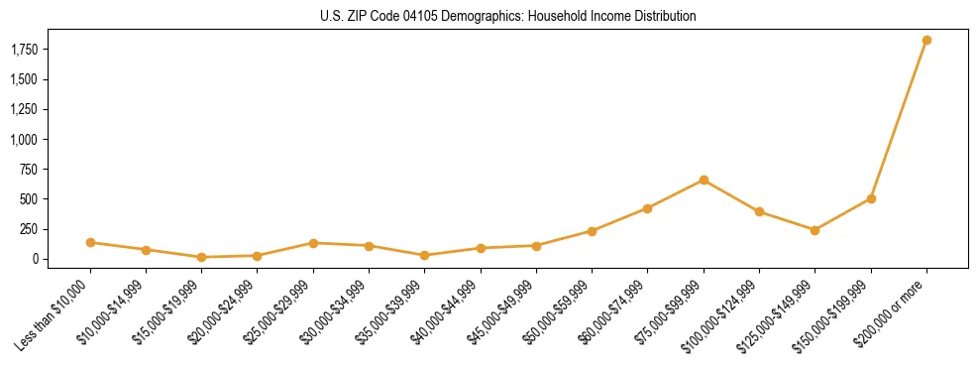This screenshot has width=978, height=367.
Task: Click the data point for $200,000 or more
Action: coord(926,41)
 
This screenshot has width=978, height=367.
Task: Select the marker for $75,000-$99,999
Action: coord(704,180)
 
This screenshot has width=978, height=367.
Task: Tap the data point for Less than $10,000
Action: coord(90,242)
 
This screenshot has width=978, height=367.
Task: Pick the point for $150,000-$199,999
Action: coord(871,198)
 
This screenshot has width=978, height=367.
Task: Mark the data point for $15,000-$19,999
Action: coord(201,257)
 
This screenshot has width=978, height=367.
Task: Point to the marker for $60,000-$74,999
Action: coord(647,208)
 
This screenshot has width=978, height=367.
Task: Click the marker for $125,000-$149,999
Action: coord(815,230)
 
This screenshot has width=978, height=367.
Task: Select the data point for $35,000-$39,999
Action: coord(424,255)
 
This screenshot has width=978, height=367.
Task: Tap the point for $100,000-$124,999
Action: coord(759,211)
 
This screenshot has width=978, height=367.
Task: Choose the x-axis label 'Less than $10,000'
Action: coord(51,314)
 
